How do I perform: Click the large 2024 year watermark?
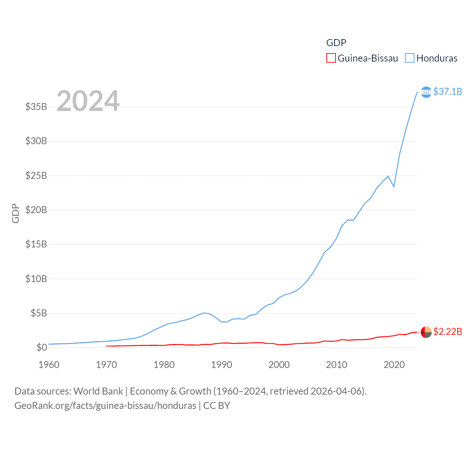pos(88,101)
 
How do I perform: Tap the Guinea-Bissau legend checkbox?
pos(331,58)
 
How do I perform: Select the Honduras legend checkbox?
pos(409,58)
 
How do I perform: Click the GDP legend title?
pos(336,43)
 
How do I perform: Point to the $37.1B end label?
pos(447,91)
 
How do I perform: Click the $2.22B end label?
pos(447,332)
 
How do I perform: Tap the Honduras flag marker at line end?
pos(426,92)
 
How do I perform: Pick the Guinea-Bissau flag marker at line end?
pos(426,332)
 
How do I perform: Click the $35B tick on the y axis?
pos(36,107)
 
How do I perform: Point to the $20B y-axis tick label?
pos(36,210)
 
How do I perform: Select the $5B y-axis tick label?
pos(39,313)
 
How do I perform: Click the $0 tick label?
pos(42,347)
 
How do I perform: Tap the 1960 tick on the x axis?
pos(49,365)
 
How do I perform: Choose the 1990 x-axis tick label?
pos(222,365)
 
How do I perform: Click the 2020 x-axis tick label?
pos(394,365)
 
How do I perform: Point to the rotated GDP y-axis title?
pos(15,213)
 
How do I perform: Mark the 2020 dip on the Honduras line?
pos(394,187)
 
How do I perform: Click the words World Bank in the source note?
pos(98,391)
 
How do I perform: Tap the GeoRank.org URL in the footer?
pos(105,406)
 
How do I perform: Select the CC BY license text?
pos(216,406)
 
